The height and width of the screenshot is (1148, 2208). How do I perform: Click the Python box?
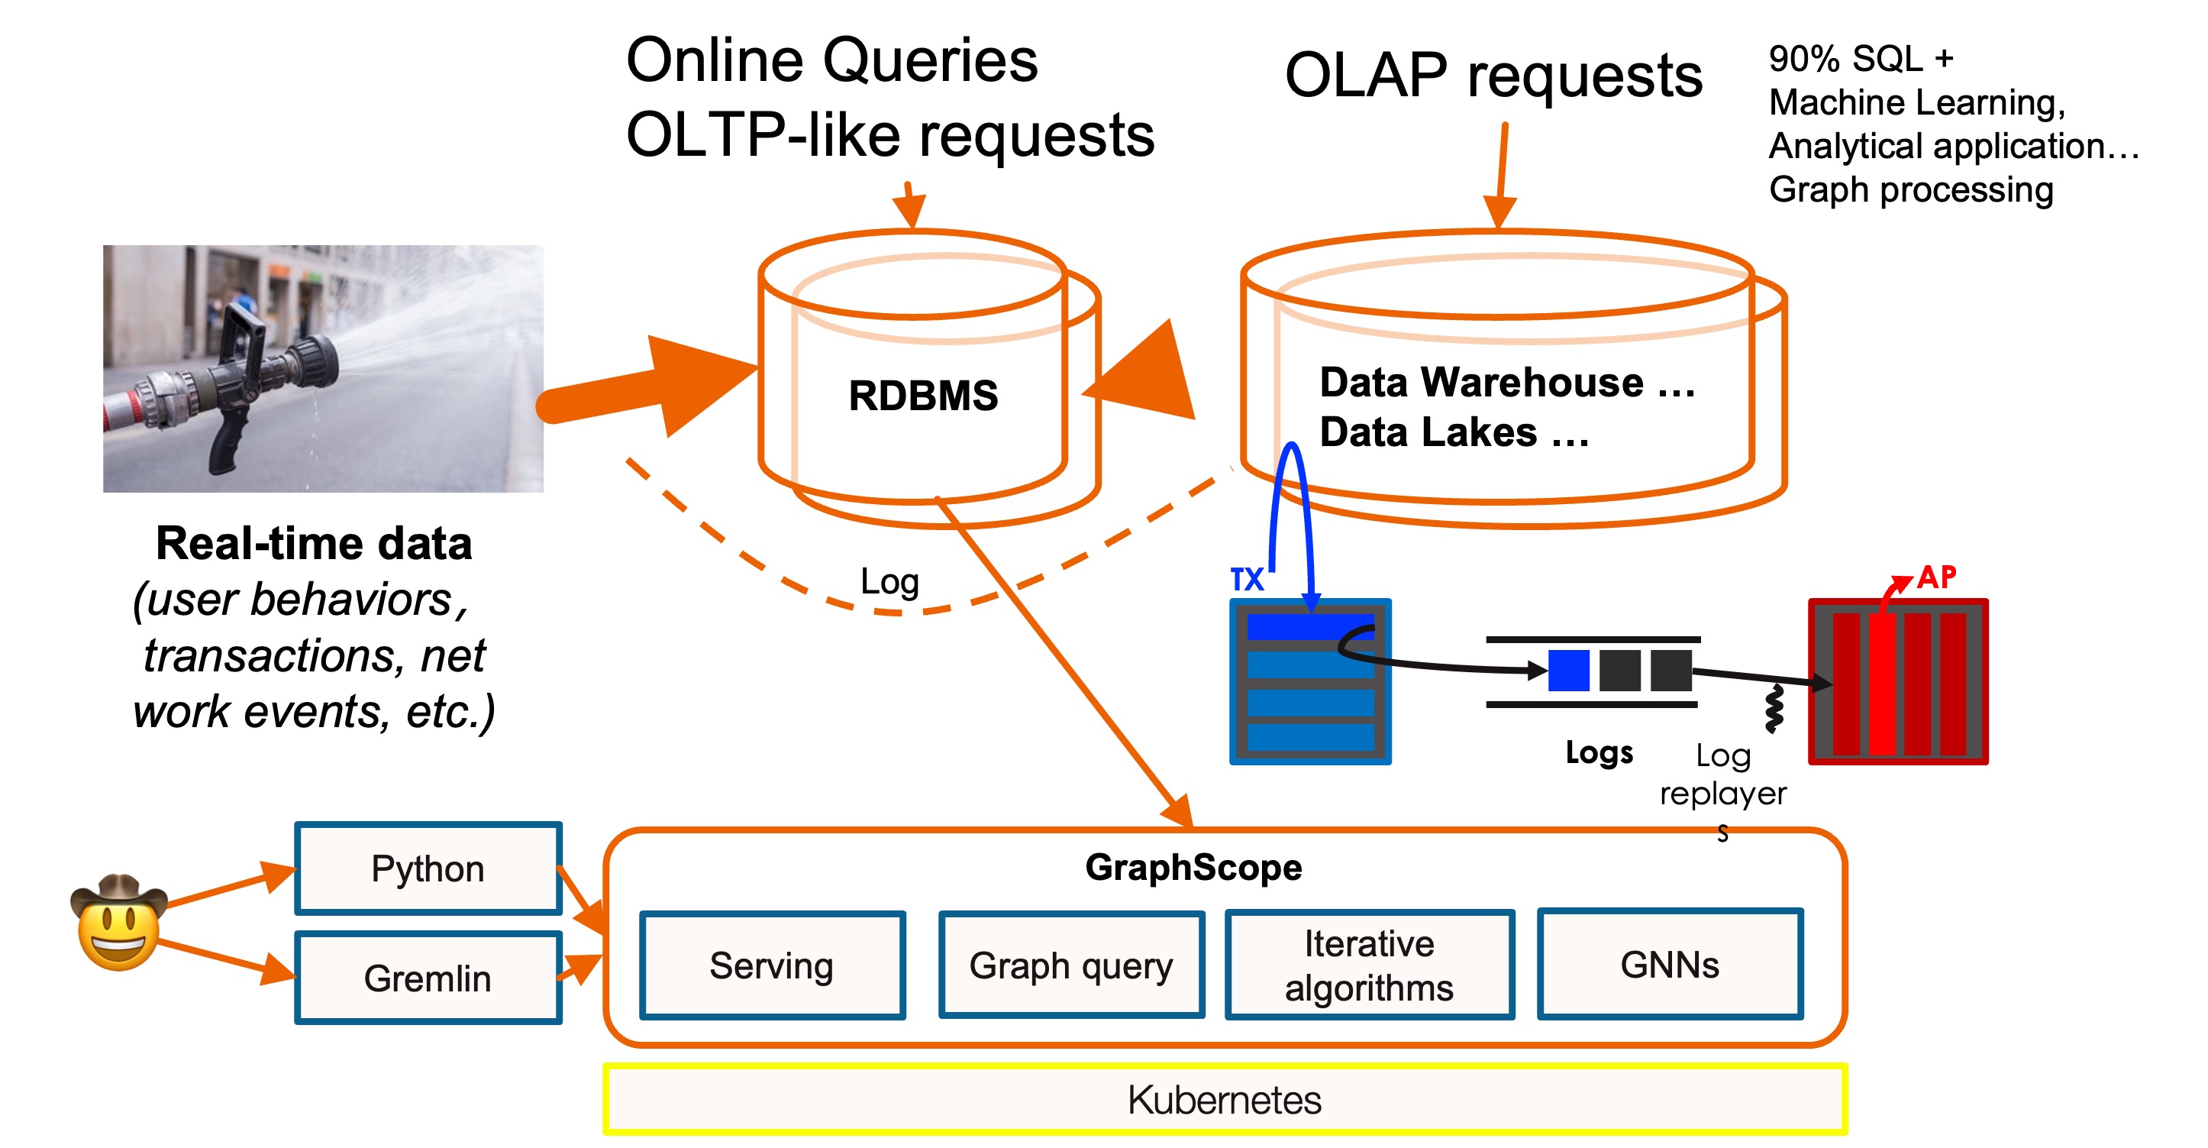428,868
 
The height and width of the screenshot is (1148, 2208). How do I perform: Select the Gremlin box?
428,978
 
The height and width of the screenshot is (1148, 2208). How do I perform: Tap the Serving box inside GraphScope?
773,965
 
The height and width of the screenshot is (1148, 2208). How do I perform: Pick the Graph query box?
1070,965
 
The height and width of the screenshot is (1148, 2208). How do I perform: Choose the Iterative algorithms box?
1369,965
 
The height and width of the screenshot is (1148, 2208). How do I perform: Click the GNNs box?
1669,965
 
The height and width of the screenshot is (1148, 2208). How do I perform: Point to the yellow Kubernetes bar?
1224,1100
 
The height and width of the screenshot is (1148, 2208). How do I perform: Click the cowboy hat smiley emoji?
118,923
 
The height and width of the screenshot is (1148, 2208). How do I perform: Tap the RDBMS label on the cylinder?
923,396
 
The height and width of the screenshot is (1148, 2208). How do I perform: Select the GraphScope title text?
1193,868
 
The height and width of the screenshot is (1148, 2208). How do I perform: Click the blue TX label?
1246,580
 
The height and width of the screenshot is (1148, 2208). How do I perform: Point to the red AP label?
1936,577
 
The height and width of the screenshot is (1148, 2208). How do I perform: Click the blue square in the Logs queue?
1567,671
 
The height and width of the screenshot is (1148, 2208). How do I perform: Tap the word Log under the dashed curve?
889,582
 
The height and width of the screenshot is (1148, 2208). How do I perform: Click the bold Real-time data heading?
314,544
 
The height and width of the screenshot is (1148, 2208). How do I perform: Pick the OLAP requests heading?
1493,76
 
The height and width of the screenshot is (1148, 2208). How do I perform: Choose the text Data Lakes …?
1454,432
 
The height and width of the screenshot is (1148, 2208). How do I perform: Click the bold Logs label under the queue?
1599,753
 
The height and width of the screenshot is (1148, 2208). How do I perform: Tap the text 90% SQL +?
1861,59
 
